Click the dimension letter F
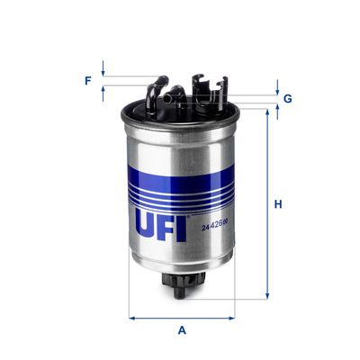[88, 81]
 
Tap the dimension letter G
[287, 97]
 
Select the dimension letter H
[279, 204]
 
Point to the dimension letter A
[182, 329]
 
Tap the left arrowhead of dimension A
[132, 317]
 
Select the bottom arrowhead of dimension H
[266, 295]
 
